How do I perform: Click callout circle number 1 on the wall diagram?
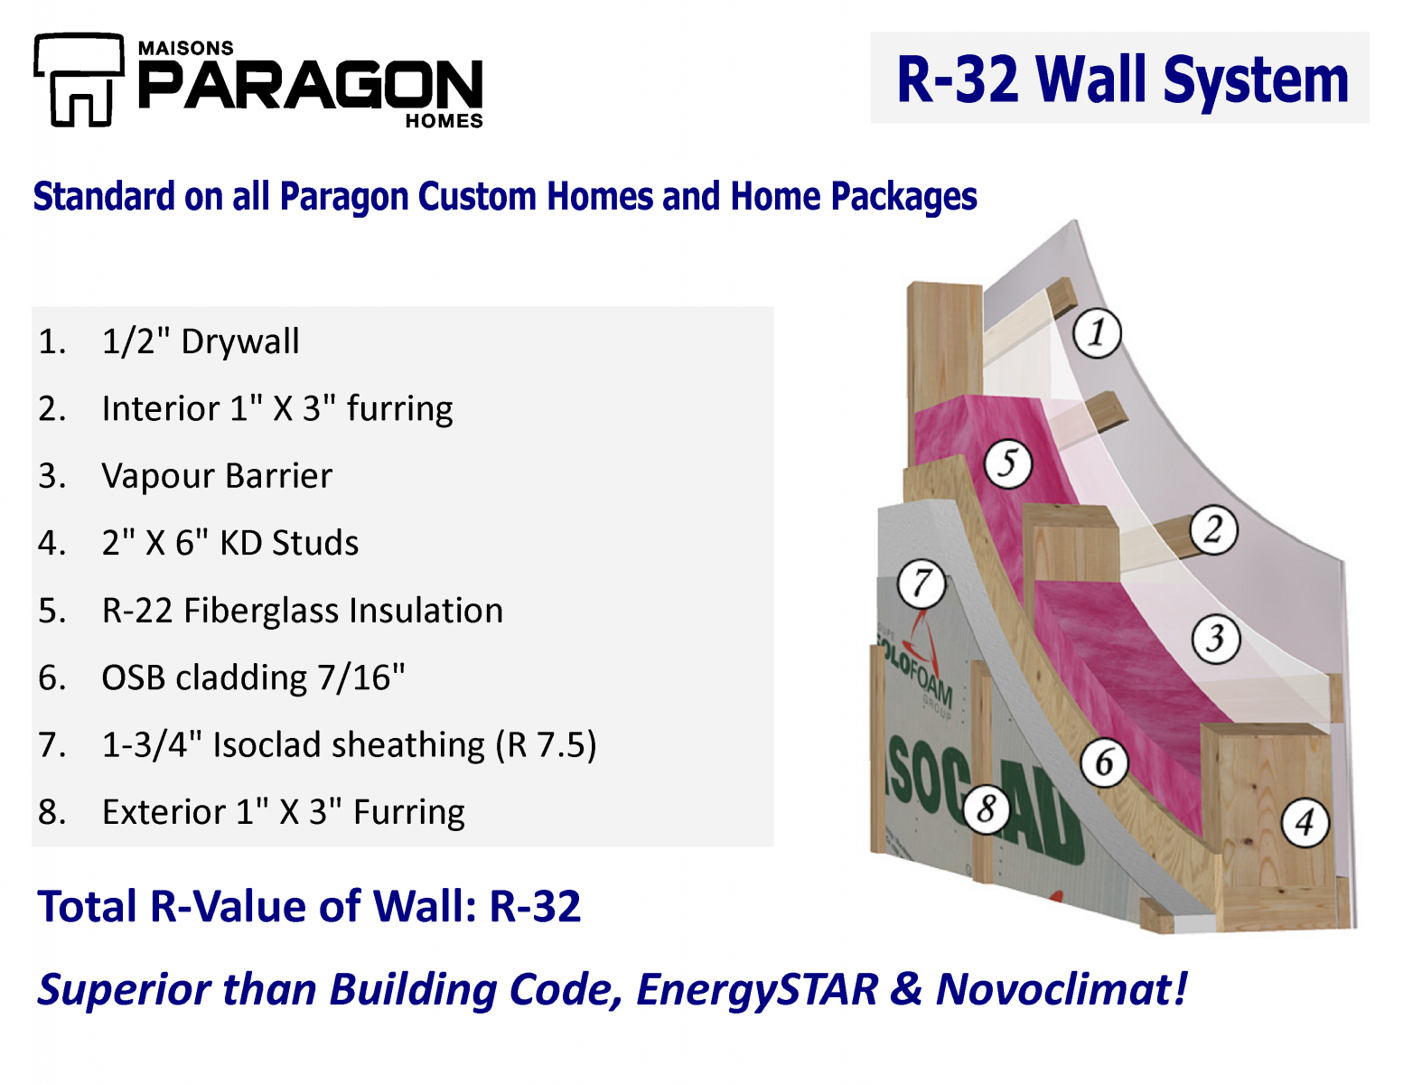click(1097, 332)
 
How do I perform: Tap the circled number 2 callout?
click(1213, 529)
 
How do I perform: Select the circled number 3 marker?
click(1215, 639)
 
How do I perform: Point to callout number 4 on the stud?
click(1305, 823)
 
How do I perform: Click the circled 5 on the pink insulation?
click(1007, 463)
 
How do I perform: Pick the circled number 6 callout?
click(1104, 762)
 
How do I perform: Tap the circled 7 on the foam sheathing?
click(921, 584)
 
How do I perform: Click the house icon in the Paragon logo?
click(78, 81)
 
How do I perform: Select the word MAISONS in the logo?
click(185, 48)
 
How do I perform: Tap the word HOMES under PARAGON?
click(444, 121)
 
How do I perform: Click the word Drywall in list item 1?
click(239, 341)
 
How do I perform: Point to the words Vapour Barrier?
click(217, 476)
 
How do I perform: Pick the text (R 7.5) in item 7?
click(546, 745)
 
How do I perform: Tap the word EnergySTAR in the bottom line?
click(757, 989)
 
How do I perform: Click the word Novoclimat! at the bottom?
click(1062, 989)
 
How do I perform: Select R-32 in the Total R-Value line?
click(535, 906)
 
